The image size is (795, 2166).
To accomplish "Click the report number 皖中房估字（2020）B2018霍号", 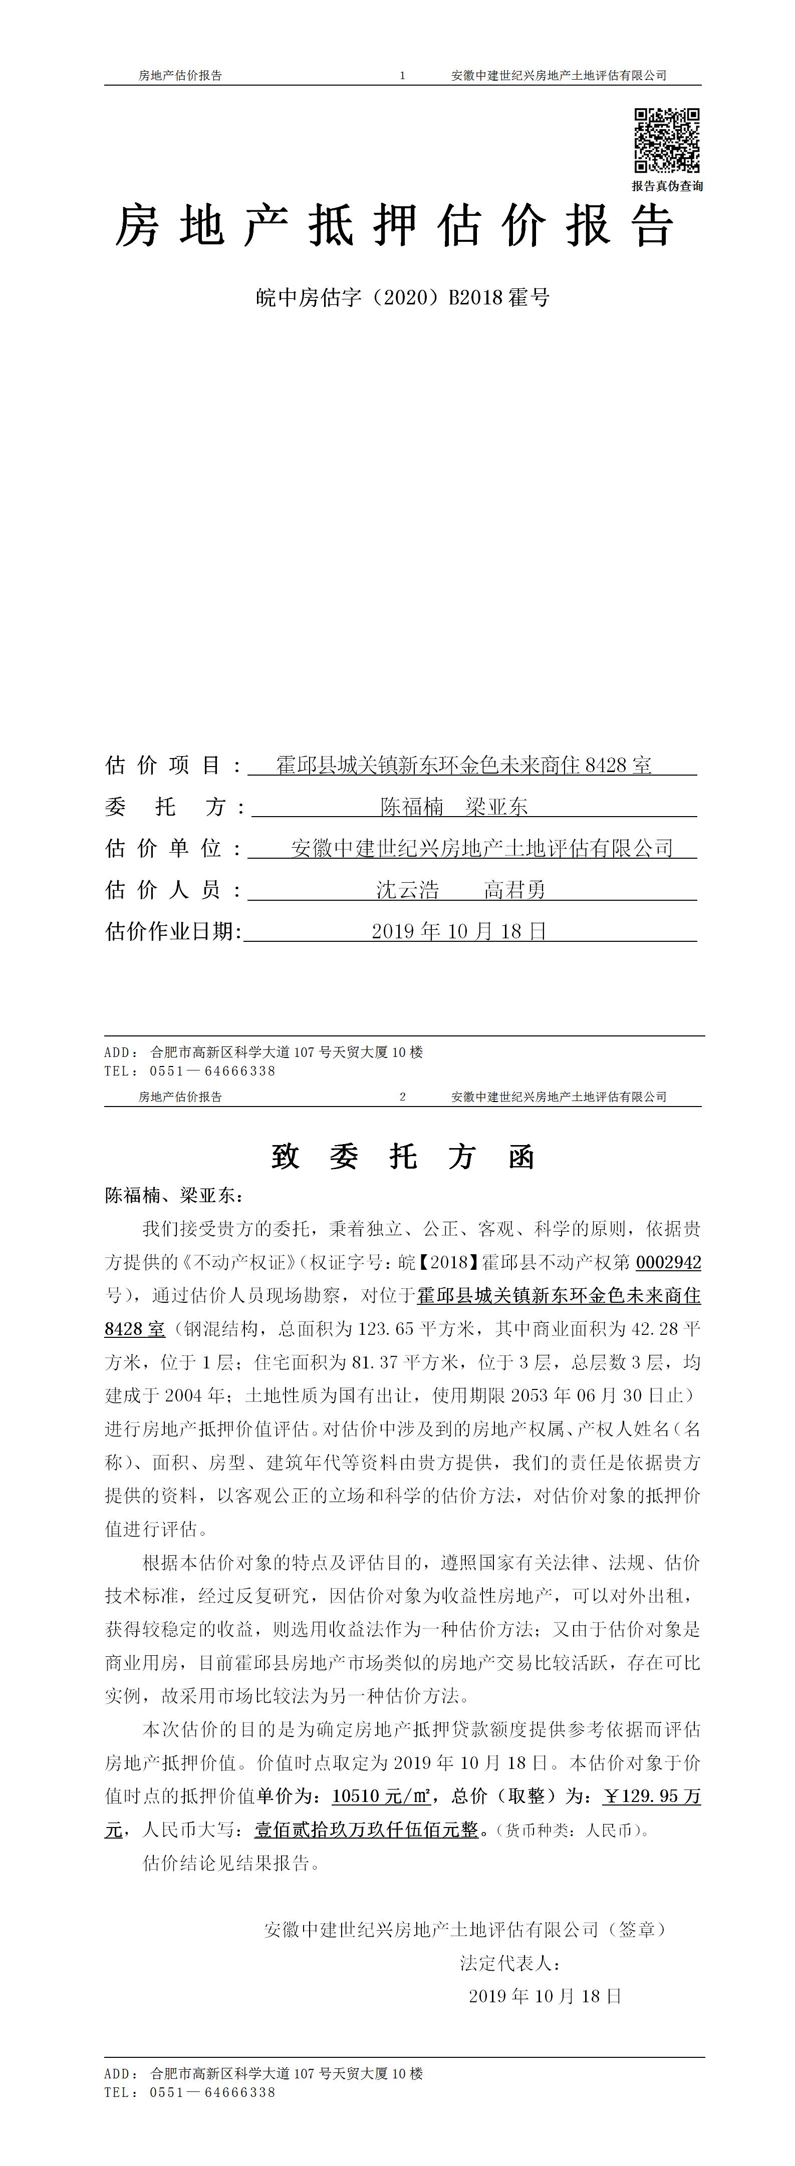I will click(403, 297).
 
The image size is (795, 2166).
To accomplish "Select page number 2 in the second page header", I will click(403, 1097).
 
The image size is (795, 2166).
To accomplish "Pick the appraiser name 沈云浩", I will click(407, 890).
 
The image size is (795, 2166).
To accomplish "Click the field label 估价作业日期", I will click(172, 932).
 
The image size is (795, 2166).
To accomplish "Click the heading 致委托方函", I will click(403, 1158).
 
